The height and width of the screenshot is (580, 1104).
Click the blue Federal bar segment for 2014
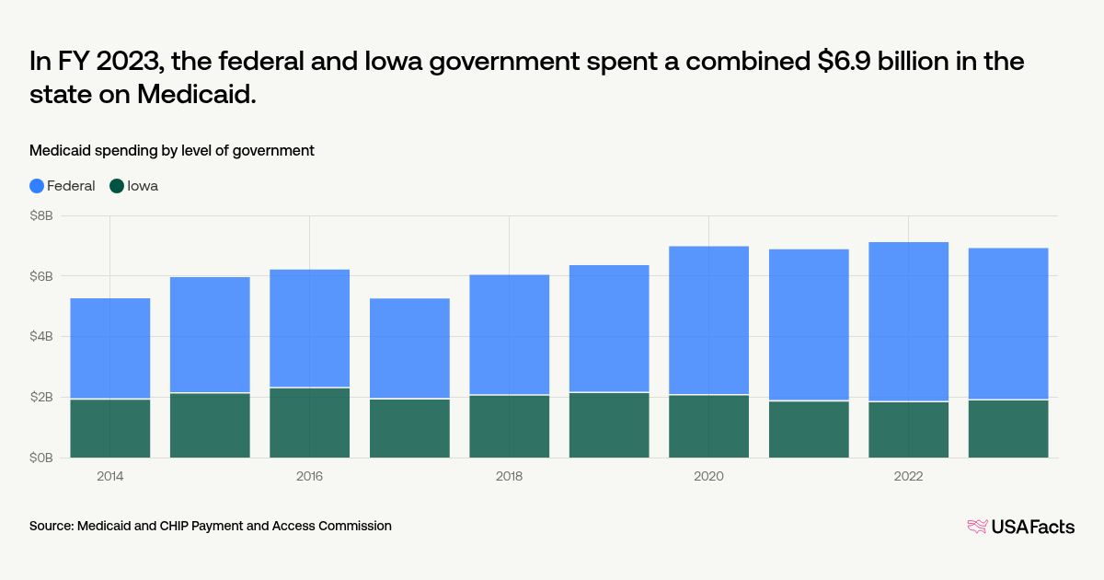coord(110,348)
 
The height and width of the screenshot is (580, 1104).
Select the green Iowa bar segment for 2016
coord(309,423)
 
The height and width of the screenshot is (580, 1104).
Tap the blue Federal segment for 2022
coord(908,321)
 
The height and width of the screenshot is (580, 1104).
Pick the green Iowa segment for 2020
coord(708,426)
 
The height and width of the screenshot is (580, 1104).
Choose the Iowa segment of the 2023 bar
coord(1007,429)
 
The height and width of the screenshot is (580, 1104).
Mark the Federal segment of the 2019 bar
coord(609,329)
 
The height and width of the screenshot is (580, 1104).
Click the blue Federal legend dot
coord(37,186)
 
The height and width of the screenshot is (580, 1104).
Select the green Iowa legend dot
coord(117,186)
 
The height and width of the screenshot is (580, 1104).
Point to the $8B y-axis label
coord(41,216)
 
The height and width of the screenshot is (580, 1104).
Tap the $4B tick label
coord(41,337)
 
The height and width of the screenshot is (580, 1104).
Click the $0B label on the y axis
coord(41,458)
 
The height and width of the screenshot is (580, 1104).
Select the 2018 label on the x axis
coord(509,477)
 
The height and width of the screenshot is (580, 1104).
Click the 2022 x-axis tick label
coord(908,477)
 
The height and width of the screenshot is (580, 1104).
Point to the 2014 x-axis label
coord(110,477)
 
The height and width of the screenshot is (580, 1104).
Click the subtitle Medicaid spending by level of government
coord(172,150)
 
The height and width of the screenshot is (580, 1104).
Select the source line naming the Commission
coord(211,526)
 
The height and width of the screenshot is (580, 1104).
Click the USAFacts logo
coord(1020,527)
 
